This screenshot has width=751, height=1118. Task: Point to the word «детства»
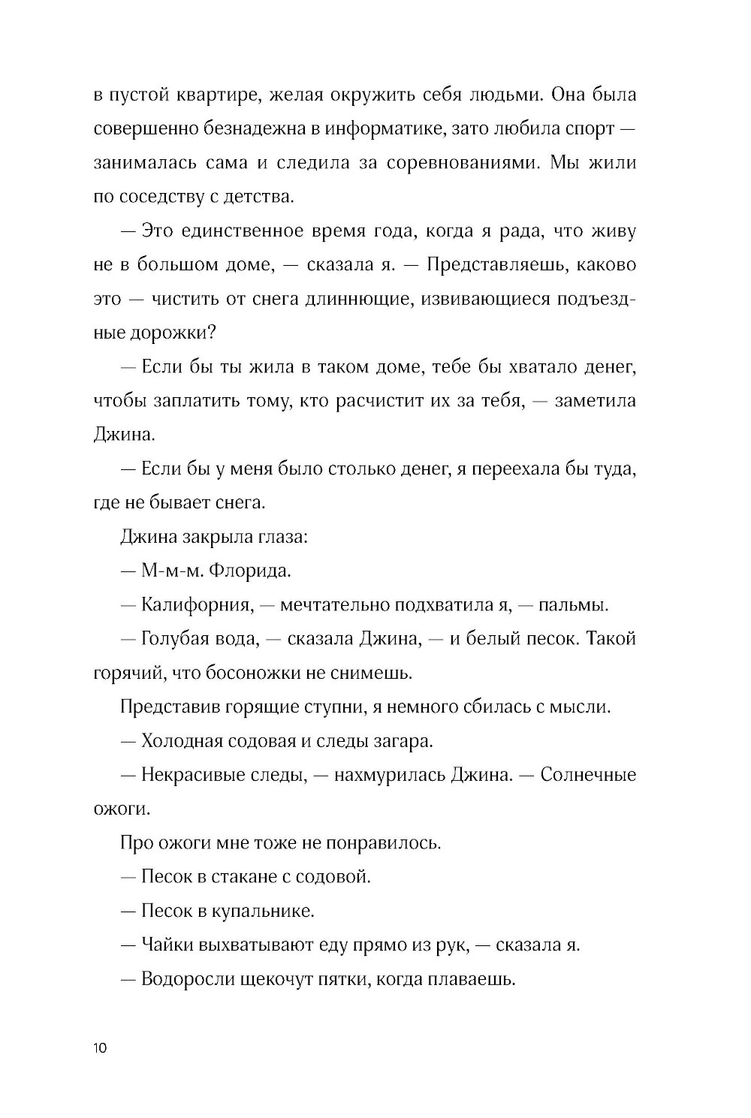click(253, 197)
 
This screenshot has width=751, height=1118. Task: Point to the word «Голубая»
click(179, 639)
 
